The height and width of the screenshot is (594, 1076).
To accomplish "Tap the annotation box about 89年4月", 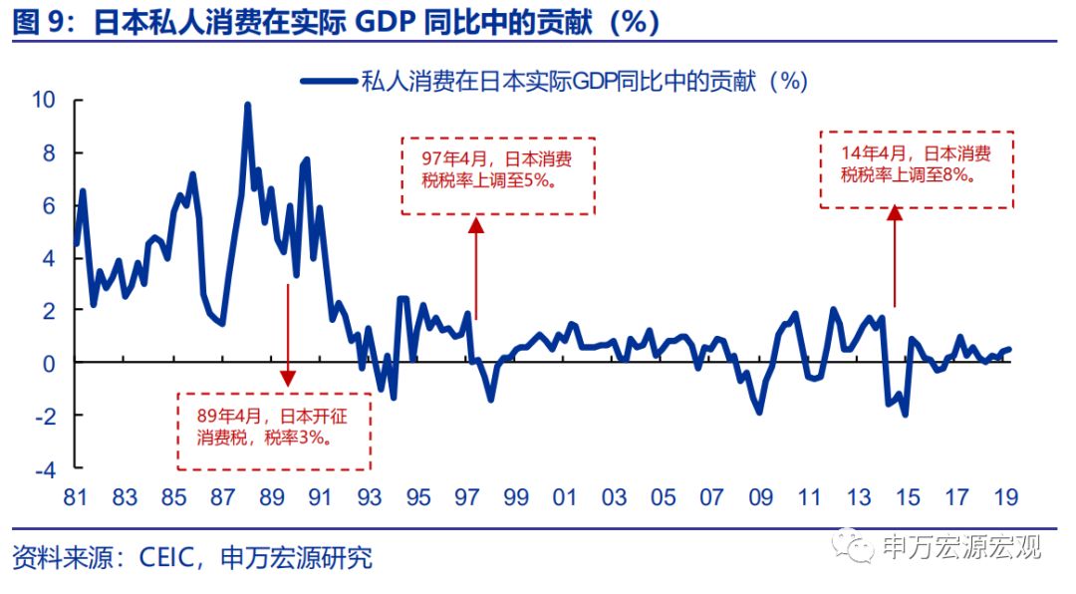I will click(x=274, y=431).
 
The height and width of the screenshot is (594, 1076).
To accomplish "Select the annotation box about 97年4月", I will click(x=497, y=175).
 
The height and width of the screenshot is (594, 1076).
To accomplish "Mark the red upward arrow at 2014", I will click(x=894, y=255).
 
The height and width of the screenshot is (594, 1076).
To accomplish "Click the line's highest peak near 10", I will click(x=247, y=104).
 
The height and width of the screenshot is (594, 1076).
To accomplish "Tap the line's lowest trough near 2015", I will click(x=905, y=414).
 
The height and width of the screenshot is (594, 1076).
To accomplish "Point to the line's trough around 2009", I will click(x=759, y=412).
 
